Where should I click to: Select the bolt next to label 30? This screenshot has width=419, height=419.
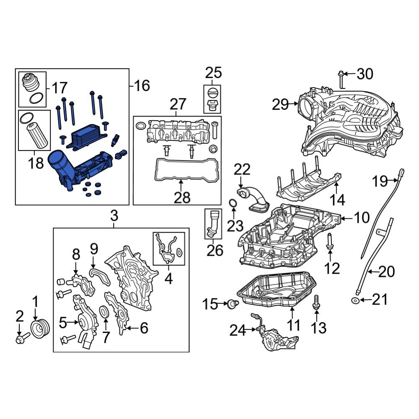(341, 80)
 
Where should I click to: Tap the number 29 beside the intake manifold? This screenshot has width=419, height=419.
(281, 104)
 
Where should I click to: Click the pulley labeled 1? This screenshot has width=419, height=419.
(41, 327)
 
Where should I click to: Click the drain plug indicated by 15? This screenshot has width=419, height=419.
(232, 304)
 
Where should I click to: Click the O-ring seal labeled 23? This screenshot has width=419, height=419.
(233, 204)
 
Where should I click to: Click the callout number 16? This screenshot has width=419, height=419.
(142, 86)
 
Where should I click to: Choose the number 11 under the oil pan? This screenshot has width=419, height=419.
(293, 325)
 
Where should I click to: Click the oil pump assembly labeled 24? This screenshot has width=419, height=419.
(279, 341)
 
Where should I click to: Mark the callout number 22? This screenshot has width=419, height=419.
(241, 170)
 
